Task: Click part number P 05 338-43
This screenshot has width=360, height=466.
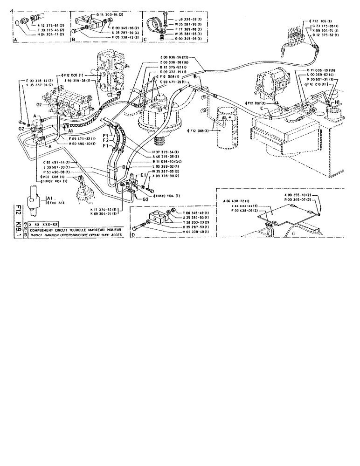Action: tap(111, 37)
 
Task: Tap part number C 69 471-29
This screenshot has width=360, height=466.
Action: tap(172, 82)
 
